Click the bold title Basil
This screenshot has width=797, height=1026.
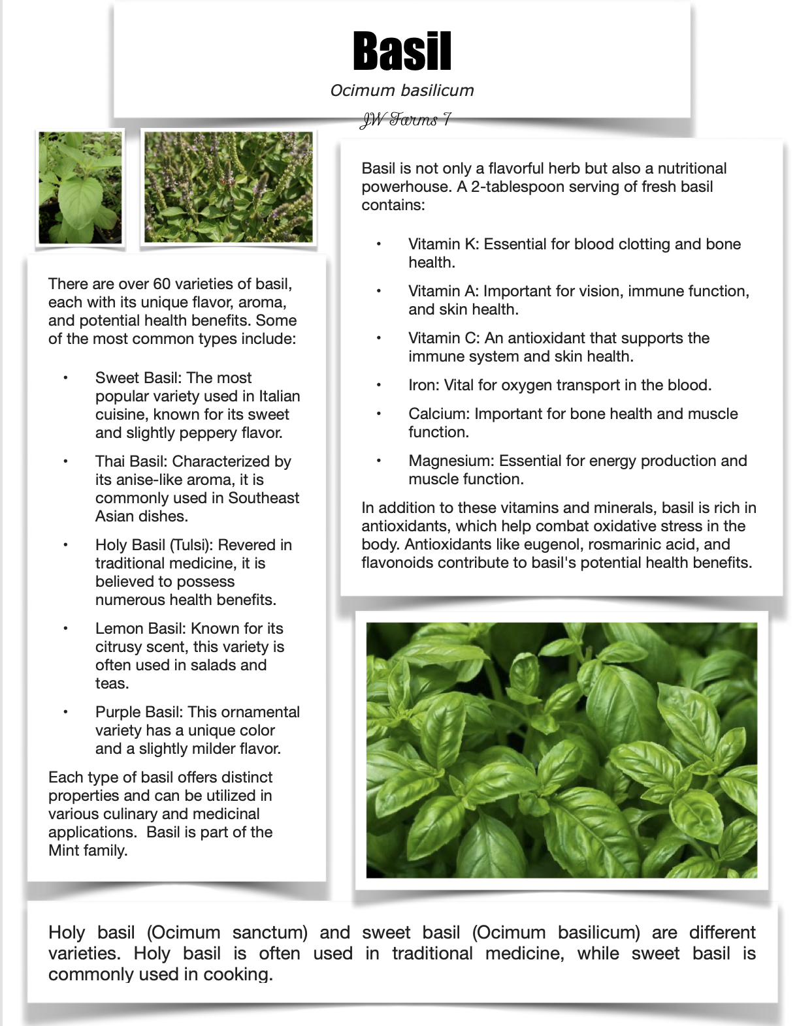click(402, 51)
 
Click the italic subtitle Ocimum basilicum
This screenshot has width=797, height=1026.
click(402, 90)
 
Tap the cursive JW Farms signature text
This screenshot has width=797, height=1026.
click(405, 119)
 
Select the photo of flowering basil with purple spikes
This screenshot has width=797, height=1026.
click(228, 187)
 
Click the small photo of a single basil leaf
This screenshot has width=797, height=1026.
click(80, 187)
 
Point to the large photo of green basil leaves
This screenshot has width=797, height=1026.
click(561, 749)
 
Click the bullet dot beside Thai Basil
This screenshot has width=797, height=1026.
click(65, 461)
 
